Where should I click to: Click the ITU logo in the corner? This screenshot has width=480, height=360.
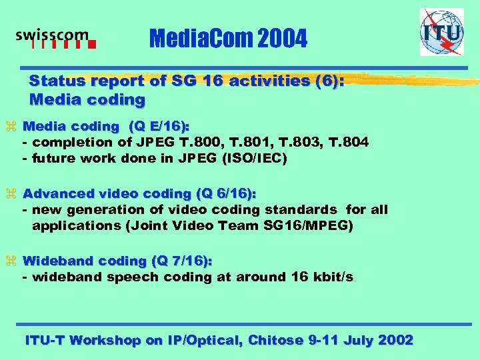click(441, 32)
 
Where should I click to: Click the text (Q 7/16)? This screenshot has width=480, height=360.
click(183, 261)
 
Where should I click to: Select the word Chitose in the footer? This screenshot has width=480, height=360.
click(275, 340)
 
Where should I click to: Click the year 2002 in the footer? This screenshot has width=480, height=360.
click(395, 340)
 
